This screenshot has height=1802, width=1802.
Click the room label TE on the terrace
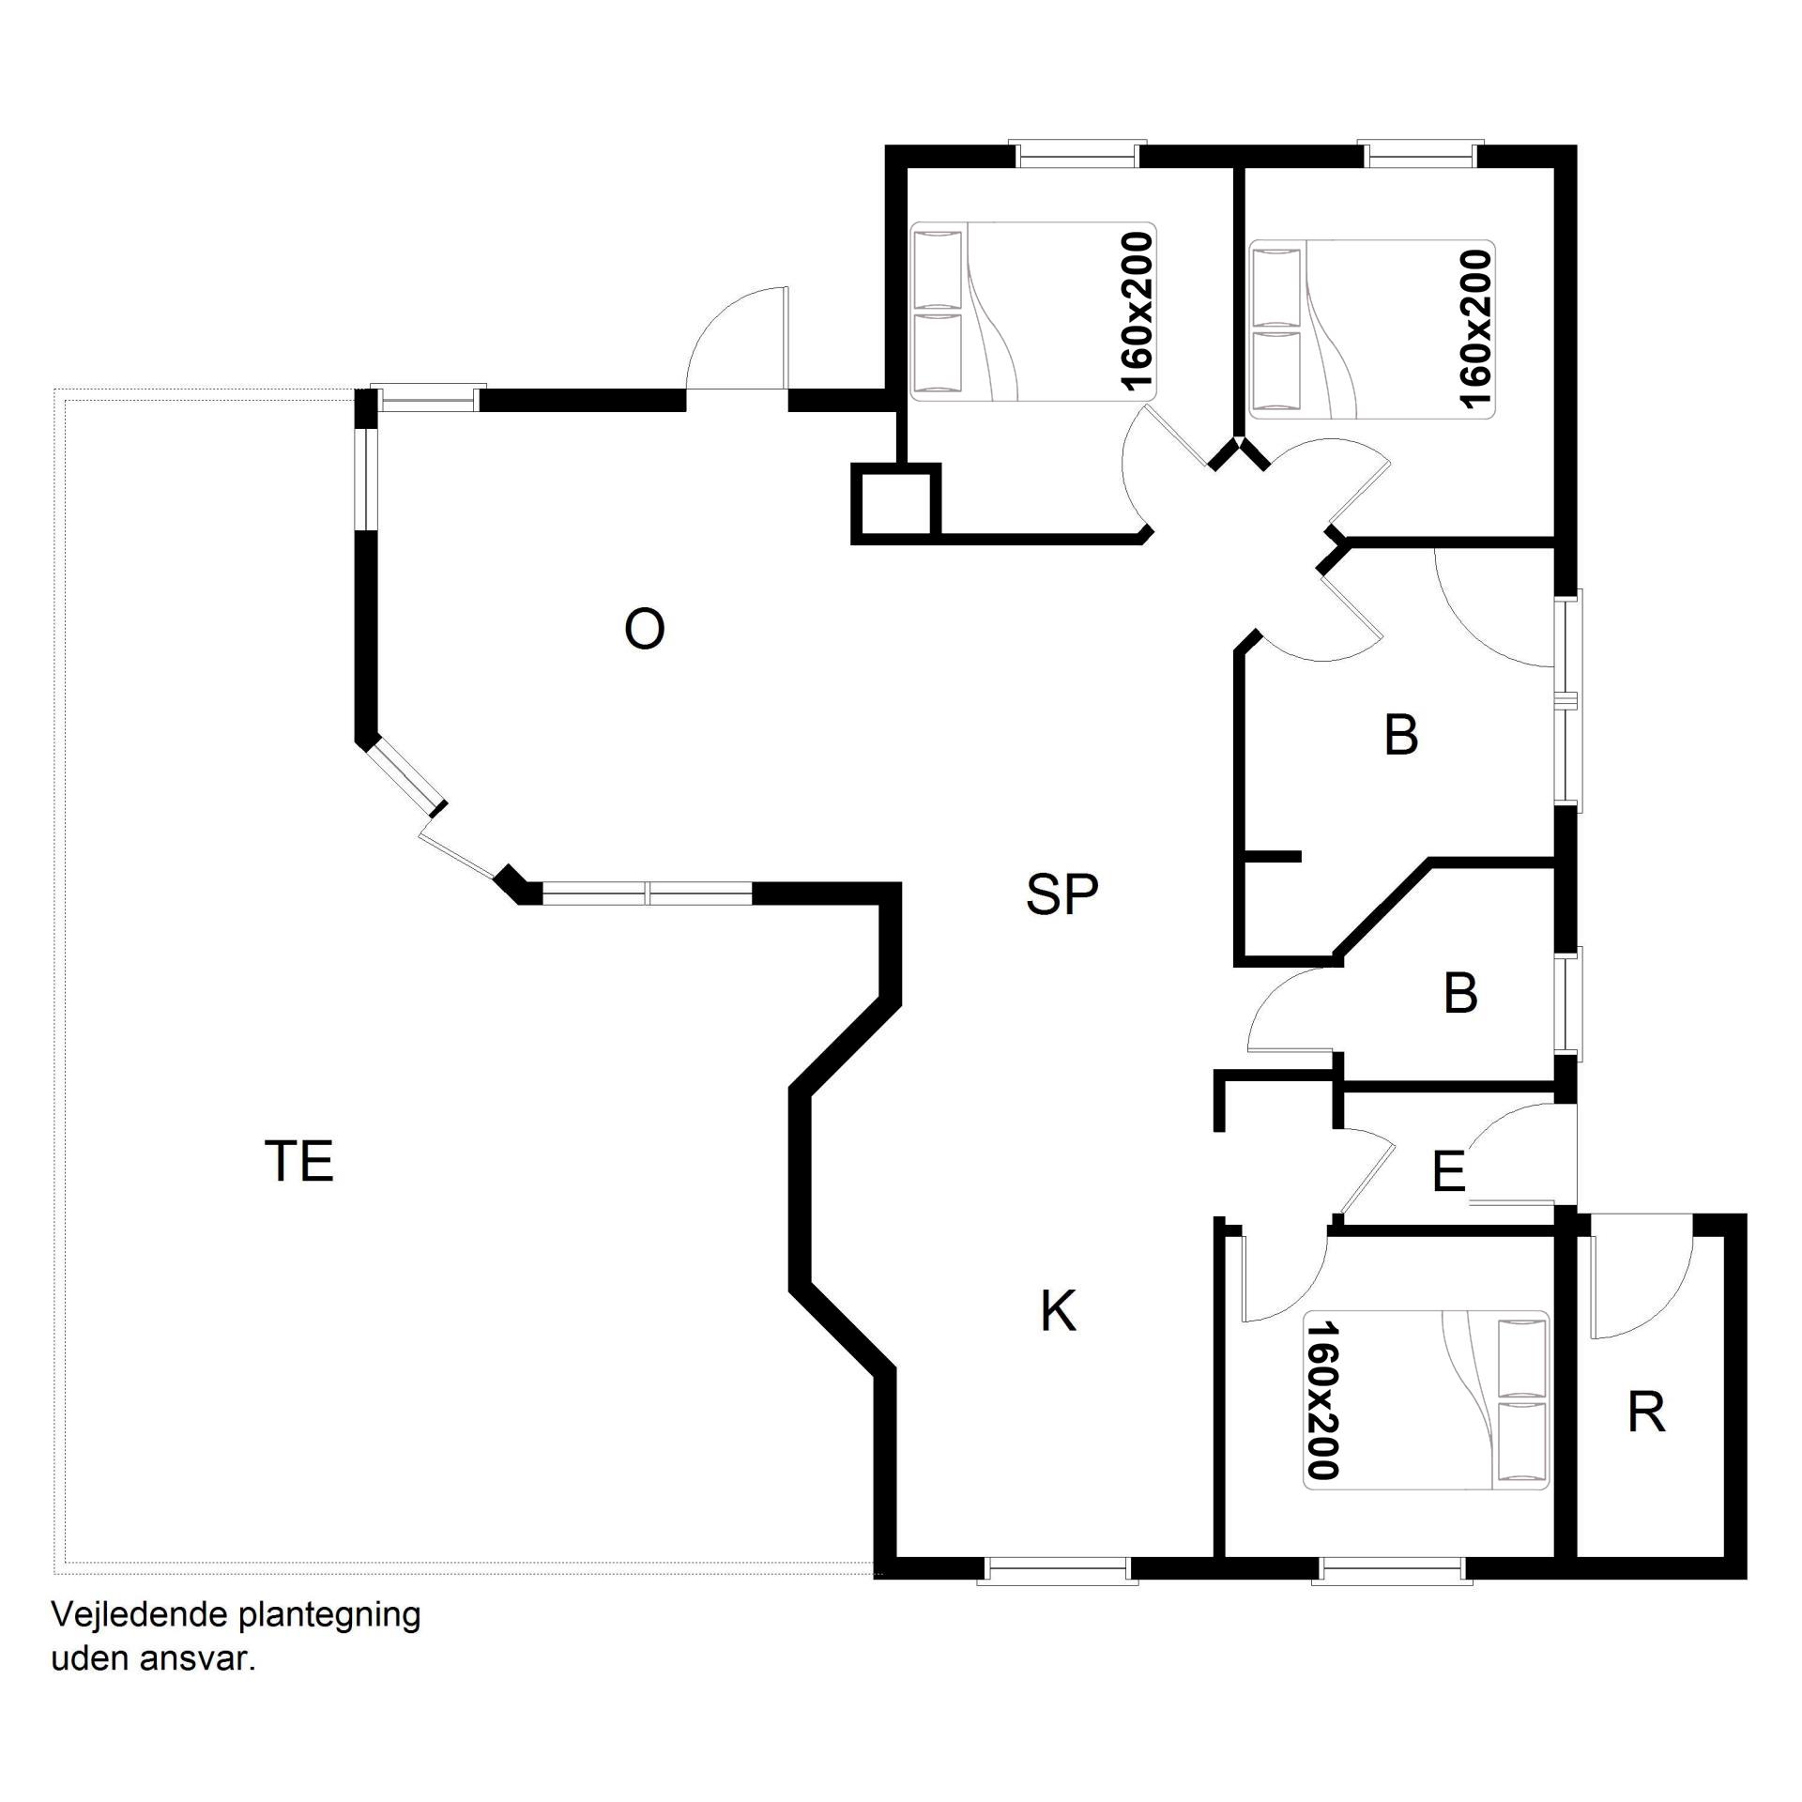click(x=299, y=1161)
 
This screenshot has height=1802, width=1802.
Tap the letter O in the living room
click(x=645, y=629)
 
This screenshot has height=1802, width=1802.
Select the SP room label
click(x=1061, y=893)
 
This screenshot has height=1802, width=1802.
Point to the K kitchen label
click(x=1059, y=1311)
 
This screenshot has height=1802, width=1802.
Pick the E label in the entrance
click(x=1449, y=1171)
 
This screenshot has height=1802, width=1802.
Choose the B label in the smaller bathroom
click(x=1460, y=993)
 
